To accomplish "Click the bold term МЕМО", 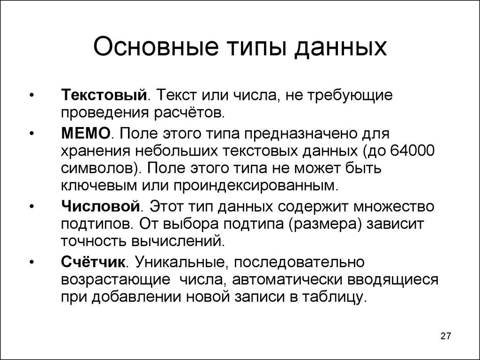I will [86, 134].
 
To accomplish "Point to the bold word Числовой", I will [101, 206].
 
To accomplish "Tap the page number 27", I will [445, 336].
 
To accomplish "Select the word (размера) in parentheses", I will [326, 223].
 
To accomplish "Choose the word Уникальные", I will [179, 261].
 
